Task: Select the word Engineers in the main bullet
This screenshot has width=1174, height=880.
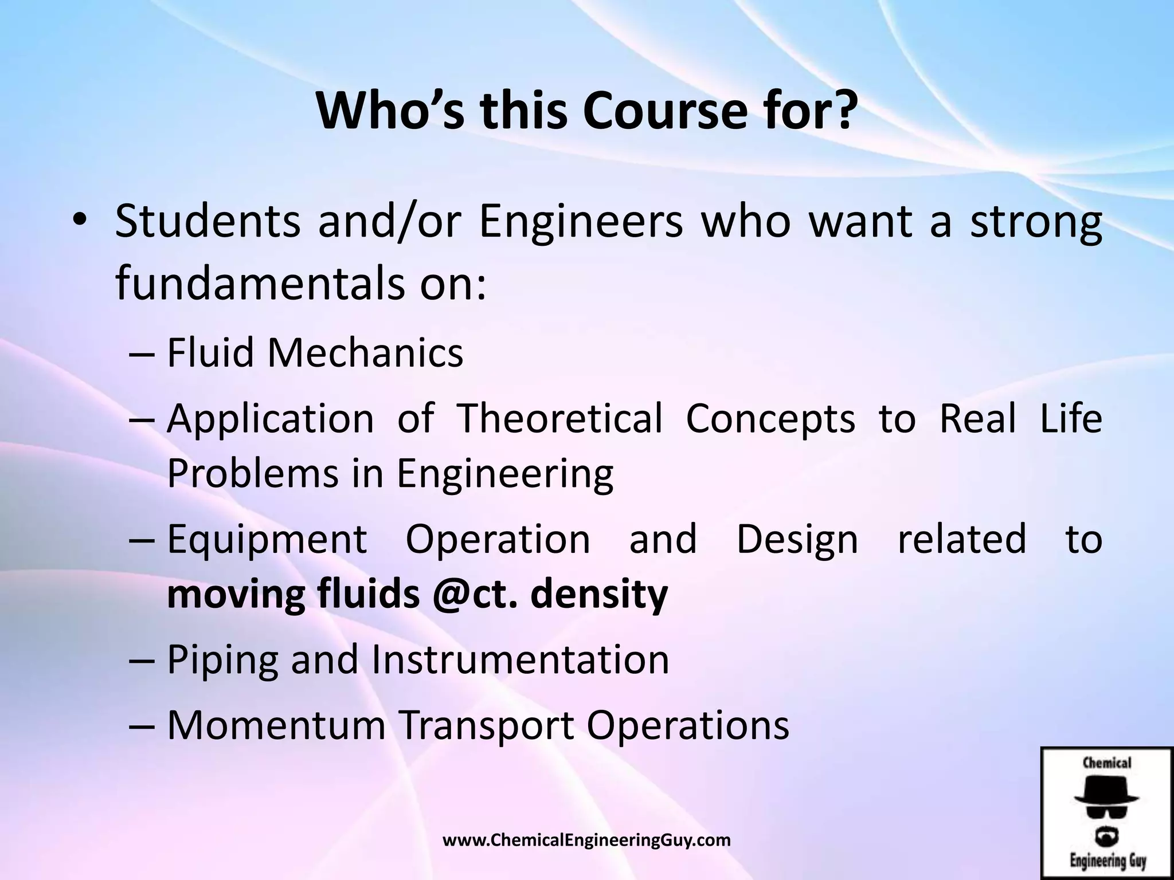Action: [580, 222]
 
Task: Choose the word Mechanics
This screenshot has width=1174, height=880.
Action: [365, 353]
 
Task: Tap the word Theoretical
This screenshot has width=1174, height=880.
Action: [559, 418]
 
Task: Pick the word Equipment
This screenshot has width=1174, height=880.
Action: [267, 540]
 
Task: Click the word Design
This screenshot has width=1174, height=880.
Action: [797, 540]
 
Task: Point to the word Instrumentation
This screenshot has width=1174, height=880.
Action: [521, 660]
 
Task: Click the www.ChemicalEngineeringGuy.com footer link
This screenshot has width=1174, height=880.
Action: [587, 840]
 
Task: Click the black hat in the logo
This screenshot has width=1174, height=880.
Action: [1106, 795]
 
